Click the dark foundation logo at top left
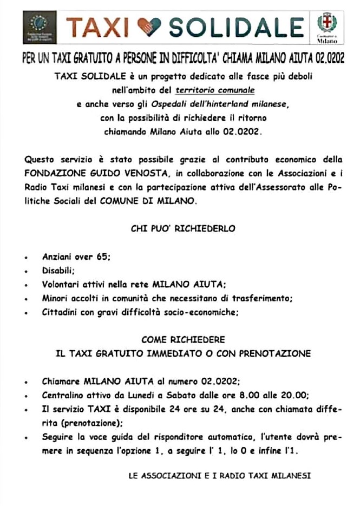[x=40, y=28]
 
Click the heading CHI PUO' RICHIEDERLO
[x=183, y=228]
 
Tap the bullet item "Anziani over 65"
[x=76, y=258]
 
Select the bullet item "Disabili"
[x=58, y=271]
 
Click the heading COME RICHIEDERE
[x=182, y=339]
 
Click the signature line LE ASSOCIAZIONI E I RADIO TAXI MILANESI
[x=219, y=476]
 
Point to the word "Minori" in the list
[x=55, y=298]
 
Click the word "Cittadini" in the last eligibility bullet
[x=59, y=312]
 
